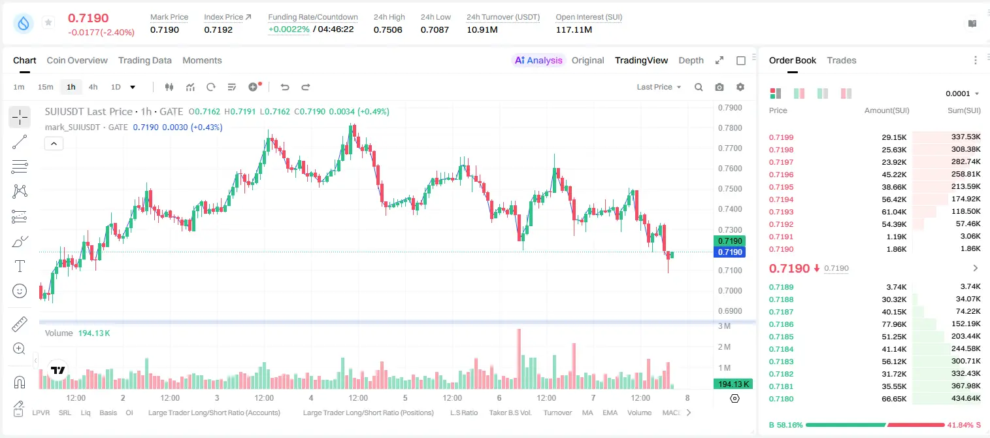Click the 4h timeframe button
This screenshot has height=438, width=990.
click(93, 87)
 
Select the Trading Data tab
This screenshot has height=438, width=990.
click(145, 61)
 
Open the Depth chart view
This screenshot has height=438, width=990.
click(691, 61)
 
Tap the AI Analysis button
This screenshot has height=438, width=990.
click(538, 61)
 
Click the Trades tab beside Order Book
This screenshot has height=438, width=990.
click(842, 61)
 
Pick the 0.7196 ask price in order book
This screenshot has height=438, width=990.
click(781, 175)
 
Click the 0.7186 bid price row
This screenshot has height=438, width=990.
click(781, 324)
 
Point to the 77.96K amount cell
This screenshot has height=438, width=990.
click(894, 324)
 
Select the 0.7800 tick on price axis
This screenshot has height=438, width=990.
click(730, 127)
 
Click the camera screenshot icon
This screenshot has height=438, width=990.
click(719, 87)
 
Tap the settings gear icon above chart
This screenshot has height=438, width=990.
click(740, 87)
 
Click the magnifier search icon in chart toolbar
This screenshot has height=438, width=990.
click(699, 87)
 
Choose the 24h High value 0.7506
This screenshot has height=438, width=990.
click(388, 29)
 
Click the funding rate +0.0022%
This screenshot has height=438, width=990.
click(289, 29)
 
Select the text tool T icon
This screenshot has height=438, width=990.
click(20, 266)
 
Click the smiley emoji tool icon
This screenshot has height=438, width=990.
click(20, 291)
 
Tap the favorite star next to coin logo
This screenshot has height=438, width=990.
click(48, 22)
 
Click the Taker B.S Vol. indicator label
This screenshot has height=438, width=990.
click(510, 413)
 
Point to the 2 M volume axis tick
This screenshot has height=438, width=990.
click(724, 347)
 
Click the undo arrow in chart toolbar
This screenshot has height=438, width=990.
click(285, 87)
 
